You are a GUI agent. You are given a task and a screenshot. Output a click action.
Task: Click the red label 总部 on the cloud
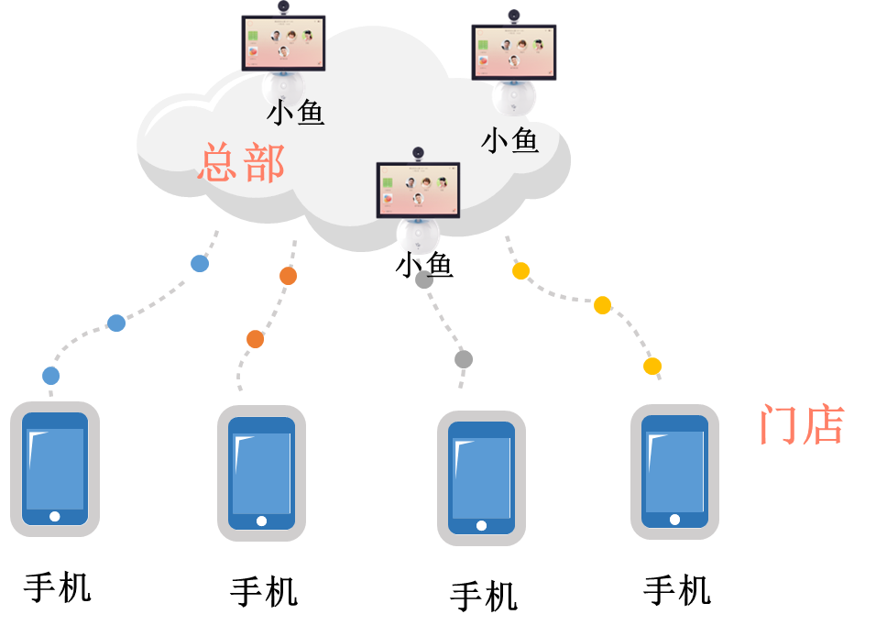241,163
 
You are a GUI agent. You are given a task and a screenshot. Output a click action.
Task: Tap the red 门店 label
802,425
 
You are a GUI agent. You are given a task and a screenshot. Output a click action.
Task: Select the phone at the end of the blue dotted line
55,468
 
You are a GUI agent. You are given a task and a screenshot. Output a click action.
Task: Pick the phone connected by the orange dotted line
261,473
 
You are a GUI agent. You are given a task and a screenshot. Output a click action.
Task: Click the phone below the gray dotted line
481,477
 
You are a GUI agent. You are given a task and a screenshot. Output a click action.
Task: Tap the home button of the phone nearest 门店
675,520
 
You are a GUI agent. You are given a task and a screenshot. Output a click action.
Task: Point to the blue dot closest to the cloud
199,264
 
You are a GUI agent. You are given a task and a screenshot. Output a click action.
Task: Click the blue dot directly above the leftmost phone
51,376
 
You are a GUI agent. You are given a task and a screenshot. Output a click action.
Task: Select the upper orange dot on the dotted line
288,276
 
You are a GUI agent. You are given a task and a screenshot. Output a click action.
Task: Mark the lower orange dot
256,339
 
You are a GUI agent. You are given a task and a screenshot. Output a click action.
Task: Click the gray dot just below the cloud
424,280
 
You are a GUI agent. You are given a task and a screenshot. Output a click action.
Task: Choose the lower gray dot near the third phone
464,359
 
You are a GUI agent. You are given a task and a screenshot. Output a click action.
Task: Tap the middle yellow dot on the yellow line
602,305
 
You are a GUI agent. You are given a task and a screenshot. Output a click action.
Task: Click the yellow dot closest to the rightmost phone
652,367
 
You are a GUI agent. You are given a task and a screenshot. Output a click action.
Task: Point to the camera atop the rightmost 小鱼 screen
514,16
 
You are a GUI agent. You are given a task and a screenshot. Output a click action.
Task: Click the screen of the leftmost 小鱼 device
283,42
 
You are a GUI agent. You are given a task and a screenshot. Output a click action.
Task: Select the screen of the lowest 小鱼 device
418,190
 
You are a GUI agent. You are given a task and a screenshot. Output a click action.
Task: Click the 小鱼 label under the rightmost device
509,140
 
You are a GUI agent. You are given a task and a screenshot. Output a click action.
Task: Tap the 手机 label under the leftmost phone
58,587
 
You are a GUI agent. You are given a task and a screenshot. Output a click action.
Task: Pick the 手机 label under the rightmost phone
677,590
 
